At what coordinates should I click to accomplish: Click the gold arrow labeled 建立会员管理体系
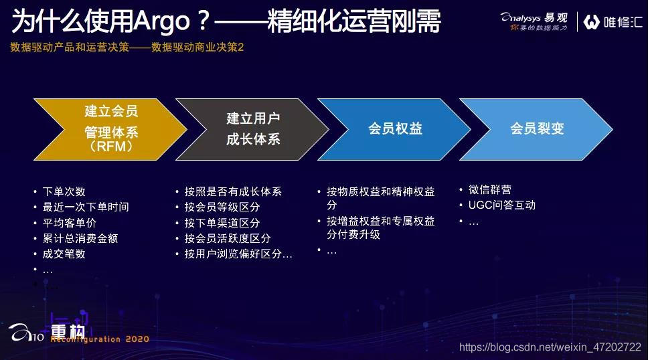pyautogui.click(x=110, y=129)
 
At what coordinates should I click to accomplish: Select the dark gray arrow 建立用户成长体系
pyautogui.click(x=253, y=129)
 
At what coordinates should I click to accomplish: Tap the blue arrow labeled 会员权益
pyautogui.click(x=395, y=129)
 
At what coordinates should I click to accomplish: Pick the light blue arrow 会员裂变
pyautogui.click(x=537, y=129)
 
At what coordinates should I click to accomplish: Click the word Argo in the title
pyautogui.click(x=161, y=21)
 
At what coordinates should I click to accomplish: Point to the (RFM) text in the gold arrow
pyautogui.click(x=111, y=147)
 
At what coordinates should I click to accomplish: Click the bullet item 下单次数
pyautogui.click(x=64, y=192)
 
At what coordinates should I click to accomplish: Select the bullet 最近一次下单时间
pyautogui.click(x=86, y=207)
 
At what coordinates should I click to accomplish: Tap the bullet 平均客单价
pyautogui.click(x=70, y=223)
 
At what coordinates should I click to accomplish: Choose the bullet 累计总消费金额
pyautogui.click(x=80, y=238)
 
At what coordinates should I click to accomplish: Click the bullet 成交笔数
pyautogui.click(x=64, y=254)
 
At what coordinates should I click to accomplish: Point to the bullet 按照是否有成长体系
pyautogui.click(x=233, y=192)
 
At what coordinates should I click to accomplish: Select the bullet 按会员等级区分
pyautogui.click(x=222, y=207)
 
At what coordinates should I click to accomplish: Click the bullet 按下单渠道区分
pyautogui.click(x=222, y=223)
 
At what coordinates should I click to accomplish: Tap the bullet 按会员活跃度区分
pyautogui.click(x=228, y=238)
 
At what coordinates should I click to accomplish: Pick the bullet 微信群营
pyautogui.click(x=490, y=190)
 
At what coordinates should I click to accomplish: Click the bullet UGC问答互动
pyautogui.click(x=502, y=205)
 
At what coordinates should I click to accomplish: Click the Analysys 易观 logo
pyautogui.click(x=534, y=21)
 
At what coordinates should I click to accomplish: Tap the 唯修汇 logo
pyautogui.click(x=613, y=22)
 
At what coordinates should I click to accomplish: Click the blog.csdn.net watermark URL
pyautogui.click(x=550, y=347)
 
